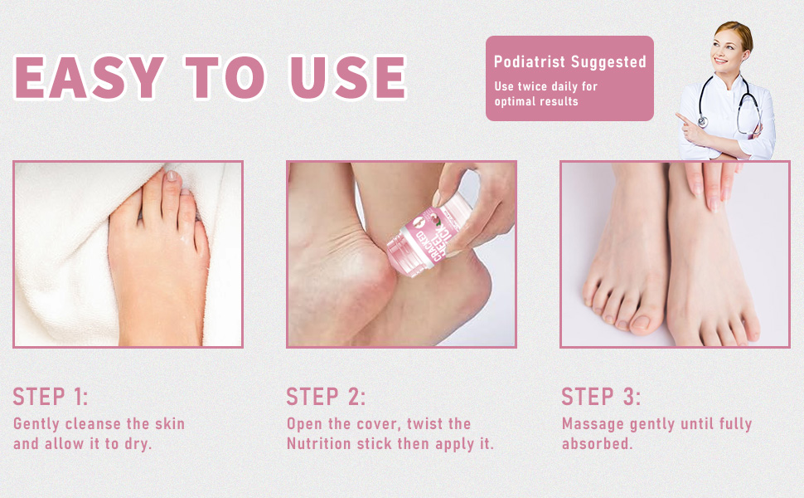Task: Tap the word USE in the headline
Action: point(349,78)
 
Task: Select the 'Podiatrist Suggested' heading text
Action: point(569,62)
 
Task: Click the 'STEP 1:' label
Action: point(51,396)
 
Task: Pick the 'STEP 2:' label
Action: point(326,396)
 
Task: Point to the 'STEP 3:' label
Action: point(601,396)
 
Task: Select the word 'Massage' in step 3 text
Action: point(593,424)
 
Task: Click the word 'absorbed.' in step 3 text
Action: point(597,444)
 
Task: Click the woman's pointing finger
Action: point(681,119)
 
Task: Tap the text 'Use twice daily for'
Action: point(545,86)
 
